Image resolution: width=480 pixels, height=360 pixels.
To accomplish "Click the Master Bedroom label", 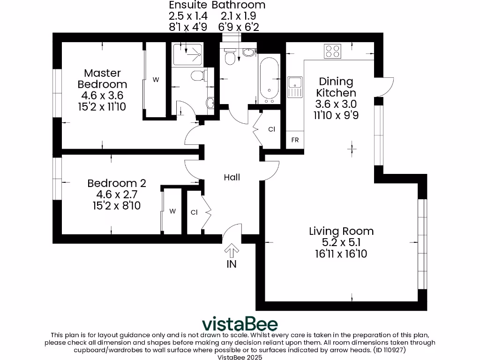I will click(102, 79).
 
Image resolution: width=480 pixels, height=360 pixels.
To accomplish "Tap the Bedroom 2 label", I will click(117, 183).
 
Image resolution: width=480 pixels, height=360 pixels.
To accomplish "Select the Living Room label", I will click(341, 231).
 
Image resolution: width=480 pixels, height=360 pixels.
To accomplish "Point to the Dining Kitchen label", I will click(336, 87).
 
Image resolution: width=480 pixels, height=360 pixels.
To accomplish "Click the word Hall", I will click(232, 177).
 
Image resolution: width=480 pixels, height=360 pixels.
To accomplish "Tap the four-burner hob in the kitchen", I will click(333, 51).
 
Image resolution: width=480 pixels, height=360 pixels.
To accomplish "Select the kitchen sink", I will click(295, 84).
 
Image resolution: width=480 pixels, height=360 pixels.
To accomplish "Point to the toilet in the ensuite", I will click(198, 75).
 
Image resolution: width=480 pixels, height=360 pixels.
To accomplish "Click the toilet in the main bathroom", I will click(230, 57).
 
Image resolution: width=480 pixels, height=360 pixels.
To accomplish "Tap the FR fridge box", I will click(295, 140).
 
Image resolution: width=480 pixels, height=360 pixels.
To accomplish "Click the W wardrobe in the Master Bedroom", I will click(156, 80).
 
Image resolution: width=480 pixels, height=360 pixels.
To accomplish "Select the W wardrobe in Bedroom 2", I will click(172, 211).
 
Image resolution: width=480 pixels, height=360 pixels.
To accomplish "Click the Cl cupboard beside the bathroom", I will click(271, 129).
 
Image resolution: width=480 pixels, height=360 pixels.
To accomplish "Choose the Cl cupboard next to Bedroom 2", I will click(194, 212).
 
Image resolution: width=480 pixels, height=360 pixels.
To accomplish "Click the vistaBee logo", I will click(240, 324).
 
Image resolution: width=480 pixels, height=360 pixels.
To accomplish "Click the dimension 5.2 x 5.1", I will click(341, 242).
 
